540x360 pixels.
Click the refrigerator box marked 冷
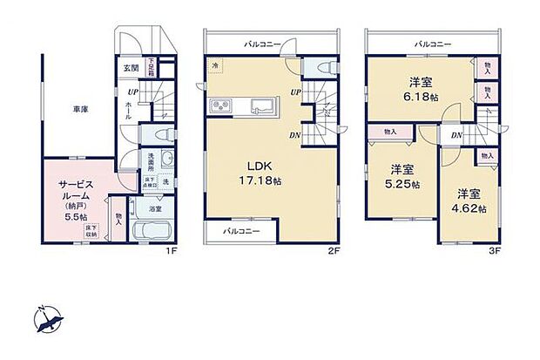[x=215, y=65]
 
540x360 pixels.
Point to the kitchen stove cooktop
[x=219, y=106]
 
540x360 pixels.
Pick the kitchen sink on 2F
[x=261, y=107]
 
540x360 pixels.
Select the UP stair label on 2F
[x=296, y=92]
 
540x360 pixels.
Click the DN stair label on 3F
[x=456, y=135]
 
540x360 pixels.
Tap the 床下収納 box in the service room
[x=91, y=232]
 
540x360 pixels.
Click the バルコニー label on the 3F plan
[x=432, y=43]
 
